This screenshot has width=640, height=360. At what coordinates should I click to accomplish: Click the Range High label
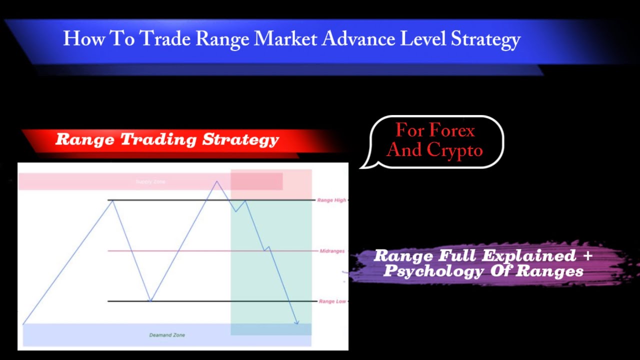click(331, 200)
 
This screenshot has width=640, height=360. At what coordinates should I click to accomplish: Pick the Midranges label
click(332, 251)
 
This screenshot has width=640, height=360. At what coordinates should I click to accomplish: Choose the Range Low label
click(332, 301)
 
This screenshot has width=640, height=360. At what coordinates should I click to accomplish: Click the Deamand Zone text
click(167, 335)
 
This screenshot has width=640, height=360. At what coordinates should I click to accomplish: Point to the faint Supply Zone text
click(150, 181)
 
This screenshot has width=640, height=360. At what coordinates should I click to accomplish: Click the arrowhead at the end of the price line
click(297, 322)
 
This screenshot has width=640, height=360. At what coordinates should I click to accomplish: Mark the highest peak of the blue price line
click(216, 181)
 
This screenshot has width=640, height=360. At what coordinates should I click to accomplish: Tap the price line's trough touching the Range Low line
click(150, 301)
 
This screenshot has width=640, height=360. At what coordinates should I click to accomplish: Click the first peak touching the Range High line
click(112, 200)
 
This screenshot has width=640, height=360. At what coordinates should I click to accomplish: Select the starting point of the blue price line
click(23, 324)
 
